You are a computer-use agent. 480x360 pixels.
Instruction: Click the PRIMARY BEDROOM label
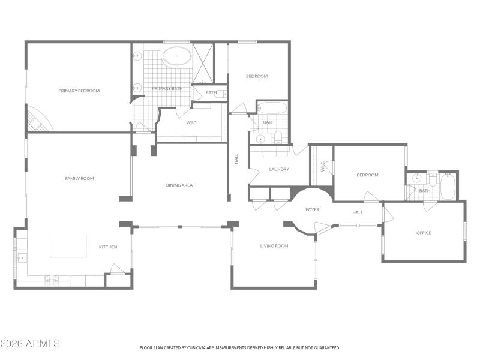pyautogui.click(x=79, y=91)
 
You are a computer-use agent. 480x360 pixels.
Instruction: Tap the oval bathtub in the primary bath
pyautogui.click(x=176, y=58)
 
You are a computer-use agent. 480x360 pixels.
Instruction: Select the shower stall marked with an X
pyautogui.click(x=203, y=63)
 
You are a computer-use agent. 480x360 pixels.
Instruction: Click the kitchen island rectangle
pyautogui.click(x=68, y=245)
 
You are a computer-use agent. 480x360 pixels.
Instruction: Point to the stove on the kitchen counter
pyautogui.click(x=52, y=278)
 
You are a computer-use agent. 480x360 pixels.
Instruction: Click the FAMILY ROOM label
pyautogui.click(x=79, y=178)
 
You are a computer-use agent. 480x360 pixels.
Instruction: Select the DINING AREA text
pyautogui.click(x=179, y=185)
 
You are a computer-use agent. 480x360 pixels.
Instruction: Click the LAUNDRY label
pyautogui.click(x=279, y=169)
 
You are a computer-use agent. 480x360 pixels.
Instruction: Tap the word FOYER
pyautogui.click(x=312, y=209)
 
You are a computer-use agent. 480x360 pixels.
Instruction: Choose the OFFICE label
pyautogui.click(x=424, y=233)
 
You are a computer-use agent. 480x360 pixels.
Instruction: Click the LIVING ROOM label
pyautogui.click(x=274, y=245)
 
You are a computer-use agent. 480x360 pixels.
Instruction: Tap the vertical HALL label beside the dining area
pyautogui.click(x=236, y=159)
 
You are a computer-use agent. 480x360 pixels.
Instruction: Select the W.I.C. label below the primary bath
pyautogui.click(x=191, y=122)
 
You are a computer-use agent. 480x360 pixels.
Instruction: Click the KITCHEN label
pyautogui.click(x=108, y=247)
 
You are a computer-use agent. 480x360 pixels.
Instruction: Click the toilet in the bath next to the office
pyautogui.click(x=433, y=178)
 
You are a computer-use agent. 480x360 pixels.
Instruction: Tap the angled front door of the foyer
pyautogui.click(x=323, y=227)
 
